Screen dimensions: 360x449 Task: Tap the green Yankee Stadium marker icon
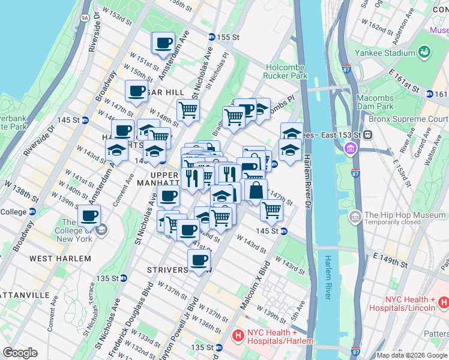pyautogui.click(x=424, y=52)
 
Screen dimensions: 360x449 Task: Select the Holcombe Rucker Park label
pyautogui.click(x=285, y=71)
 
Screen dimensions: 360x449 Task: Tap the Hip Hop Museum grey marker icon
pyautogui.click(x=355, y=215)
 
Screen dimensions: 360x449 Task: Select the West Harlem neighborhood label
pyautogui.click(x=60, y=259)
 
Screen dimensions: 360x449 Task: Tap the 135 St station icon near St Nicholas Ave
pyautogui.click(x=123, y=278)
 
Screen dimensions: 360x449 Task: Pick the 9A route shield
pyautogui.click(x=85, y=18)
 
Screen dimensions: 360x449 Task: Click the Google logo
pyautogui.click(x=20, y=353)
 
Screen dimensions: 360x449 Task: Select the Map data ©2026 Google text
pyautogui.click(x=412, y=355)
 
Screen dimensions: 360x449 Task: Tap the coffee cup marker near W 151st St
pyautogui.click(x=163, y=44)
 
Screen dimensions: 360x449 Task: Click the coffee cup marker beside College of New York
pyautogui.click(x=89, y=216)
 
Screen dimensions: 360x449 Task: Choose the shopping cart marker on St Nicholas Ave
pyautogui.click(x=188, y=111)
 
